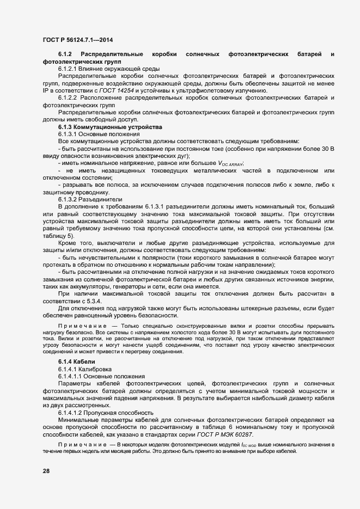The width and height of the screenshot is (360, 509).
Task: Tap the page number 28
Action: coord(46,471)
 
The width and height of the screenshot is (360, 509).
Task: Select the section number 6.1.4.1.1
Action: coord(73,376)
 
